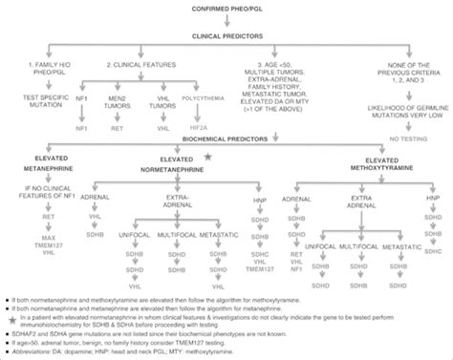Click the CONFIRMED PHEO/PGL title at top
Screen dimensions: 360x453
(226, 9)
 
